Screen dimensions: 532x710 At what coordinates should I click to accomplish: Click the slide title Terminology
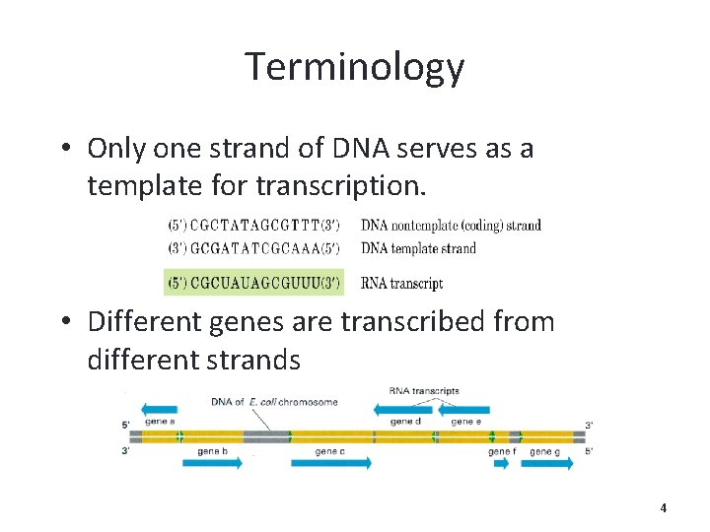pos(354,67)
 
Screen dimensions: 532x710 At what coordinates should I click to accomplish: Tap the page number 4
pos(663,508)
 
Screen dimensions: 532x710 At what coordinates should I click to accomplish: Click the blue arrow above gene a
pos(159,408)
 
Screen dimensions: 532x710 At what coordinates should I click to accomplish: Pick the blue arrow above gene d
pos(405,408)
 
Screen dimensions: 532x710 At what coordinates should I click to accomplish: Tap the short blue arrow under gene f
pos(500,463)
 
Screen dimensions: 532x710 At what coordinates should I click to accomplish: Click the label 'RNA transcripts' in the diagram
pos(424,391)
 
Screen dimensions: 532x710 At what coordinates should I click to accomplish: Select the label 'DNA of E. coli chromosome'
pos(274,402)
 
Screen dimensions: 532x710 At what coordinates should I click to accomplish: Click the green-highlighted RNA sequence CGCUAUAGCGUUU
pos(253,283)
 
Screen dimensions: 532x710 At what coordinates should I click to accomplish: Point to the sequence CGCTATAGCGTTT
pos(253,226)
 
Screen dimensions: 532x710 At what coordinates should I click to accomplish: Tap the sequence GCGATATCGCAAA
pos(253,247)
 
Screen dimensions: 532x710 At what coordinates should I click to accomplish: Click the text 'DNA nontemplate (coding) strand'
pos(451,226)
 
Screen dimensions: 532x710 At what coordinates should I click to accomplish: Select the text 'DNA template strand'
pos(418,247)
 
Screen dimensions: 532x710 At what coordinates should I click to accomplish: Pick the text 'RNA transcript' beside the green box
pos(401,283)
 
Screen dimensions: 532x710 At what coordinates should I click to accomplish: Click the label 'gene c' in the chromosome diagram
pos(329,451)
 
